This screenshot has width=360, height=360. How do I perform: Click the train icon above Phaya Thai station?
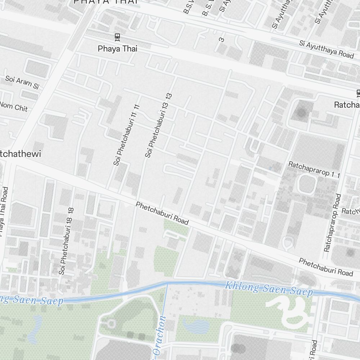117,36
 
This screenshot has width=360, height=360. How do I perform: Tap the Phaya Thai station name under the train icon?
117,49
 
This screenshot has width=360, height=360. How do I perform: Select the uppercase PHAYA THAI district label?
106,2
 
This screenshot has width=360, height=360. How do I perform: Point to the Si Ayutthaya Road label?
327,49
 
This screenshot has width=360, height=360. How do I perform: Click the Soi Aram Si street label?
22,82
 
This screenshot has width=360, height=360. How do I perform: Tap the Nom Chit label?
14,106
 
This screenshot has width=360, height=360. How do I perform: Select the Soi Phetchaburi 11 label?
126,135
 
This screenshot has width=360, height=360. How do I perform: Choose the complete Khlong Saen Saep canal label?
269,289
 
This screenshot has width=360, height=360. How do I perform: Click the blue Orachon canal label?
158,338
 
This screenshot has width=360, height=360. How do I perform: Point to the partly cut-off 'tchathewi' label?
21,154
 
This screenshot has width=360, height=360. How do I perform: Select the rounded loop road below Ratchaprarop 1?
307,184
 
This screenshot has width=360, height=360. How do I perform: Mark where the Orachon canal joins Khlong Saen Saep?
167,284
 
